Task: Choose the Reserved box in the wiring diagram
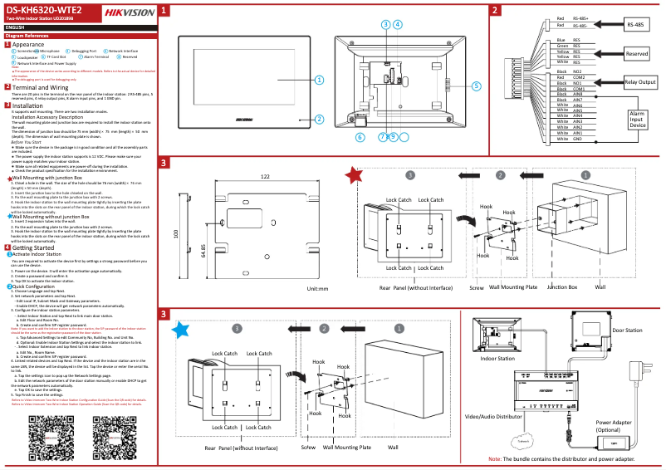point(637,53)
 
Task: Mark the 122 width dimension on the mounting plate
point(264,177)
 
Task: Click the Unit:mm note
point(318,288)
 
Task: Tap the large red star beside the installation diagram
point(354,175)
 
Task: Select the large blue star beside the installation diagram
point(179,330)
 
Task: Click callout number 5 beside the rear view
point(476,86)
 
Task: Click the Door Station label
point(628,330)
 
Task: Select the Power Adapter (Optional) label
point(614,425)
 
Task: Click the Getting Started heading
point(33,247)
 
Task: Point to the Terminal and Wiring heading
point(40,86)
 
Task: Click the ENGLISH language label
point(17,27)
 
